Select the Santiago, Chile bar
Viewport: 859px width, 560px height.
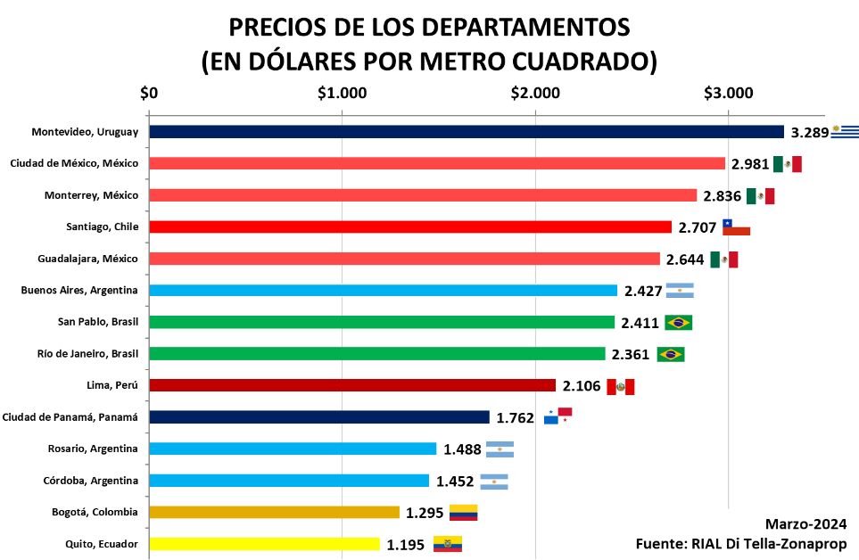pos(410,226)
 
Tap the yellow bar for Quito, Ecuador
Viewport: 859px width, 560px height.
pos(264,543)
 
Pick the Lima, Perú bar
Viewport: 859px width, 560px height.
pos(352,385)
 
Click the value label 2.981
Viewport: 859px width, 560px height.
pos(750,164)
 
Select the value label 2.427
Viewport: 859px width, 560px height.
pos(642,291)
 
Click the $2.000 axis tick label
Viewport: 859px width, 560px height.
pos(535,92)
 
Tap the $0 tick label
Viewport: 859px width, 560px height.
pos(150,92)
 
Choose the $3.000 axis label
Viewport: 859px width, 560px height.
pos(728,92)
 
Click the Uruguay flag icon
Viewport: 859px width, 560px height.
pos(845,132)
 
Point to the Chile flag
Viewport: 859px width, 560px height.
pos(736,226)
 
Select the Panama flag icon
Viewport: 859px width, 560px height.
pos(558,416)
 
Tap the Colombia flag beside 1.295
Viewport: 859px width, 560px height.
pos(463,513)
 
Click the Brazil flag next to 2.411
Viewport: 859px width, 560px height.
pos(679,322)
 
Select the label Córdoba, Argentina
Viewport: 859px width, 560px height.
pos(92,481)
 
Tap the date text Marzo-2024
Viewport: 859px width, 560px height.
pos(805,524)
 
